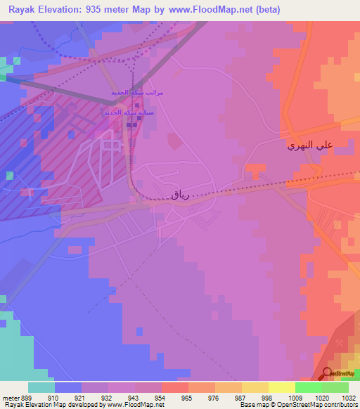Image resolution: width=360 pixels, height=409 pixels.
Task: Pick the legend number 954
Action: pyautogui.click(x=161, y=398)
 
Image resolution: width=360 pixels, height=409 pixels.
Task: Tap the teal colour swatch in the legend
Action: pyautogui.click(x=41, y=387)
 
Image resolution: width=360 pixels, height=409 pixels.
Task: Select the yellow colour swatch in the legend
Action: pyautogui.click(x=282, y=387)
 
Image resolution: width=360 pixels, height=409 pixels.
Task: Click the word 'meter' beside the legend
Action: pyautogui.click(x=9, y=398)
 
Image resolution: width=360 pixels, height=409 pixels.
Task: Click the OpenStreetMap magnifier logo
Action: pyautogui.click(x=327, y=374)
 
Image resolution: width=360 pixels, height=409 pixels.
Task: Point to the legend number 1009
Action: pyautogui.click(x=295, y=398)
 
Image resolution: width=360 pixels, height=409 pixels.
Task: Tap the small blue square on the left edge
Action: pyautogui.click(x=9, y=175)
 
